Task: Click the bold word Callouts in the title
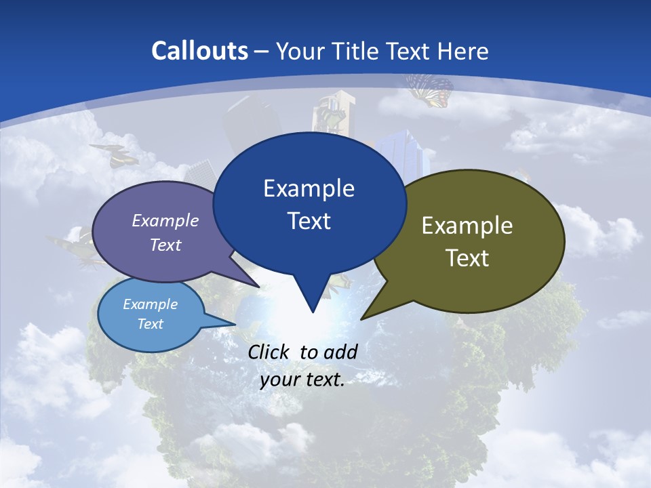(199, 51)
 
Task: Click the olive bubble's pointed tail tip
(362, 318)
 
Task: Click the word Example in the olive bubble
(467, 226)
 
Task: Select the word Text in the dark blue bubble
(309, 221)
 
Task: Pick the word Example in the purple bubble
(165, 220)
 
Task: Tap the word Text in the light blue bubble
(150, 324)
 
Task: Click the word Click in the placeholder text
(269, 352)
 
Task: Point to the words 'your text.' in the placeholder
(302, 380)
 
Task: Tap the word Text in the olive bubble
(467, 258)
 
